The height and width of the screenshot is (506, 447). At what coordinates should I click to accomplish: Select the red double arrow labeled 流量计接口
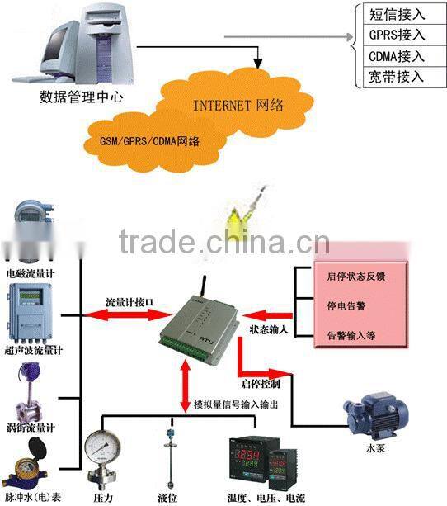[x=121, y=313]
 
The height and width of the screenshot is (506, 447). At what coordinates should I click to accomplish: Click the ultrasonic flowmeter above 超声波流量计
[x=30, y=313]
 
